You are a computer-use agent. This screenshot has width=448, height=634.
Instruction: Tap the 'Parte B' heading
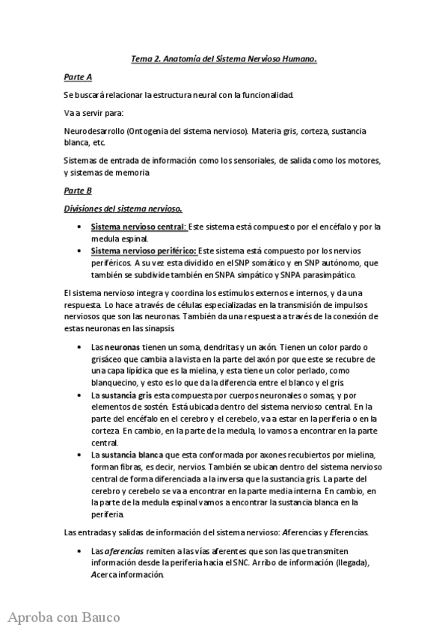click(x=78, y=191)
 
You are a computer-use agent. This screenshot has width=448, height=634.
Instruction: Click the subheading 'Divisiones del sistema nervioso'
click(x=124, y=209)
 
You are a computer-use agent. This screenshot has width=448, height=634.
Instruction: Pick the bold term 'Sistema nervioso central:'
click(x=139, y=226)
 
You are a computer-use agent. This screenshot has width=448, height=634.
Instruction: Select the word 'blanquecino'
click(x=116, y=381)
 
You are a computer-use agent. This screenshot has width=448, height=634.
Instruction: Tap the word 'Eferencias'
click(x=342, y=532)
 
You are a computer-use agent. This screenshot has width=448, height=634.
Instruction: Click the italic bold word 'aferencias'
click(x=123, y=550)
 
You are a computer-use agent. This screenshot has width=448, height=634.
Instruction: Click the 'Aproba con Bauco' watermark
click(x=64, y=618)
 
